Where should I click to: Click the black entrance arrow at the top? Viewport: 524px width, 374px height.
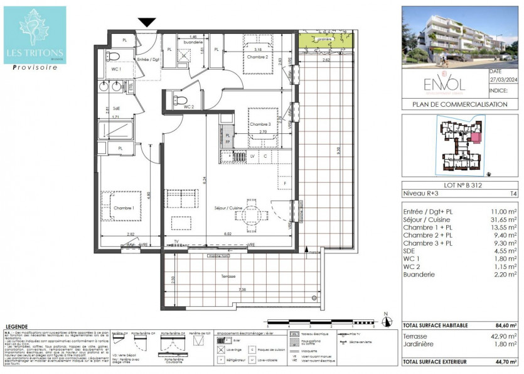coord(147,23)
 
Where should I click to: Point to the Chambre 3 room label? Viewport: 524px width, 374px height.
coord(260,124)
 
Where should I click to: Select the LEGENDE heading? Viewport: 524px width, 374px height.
coord(18,327)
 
